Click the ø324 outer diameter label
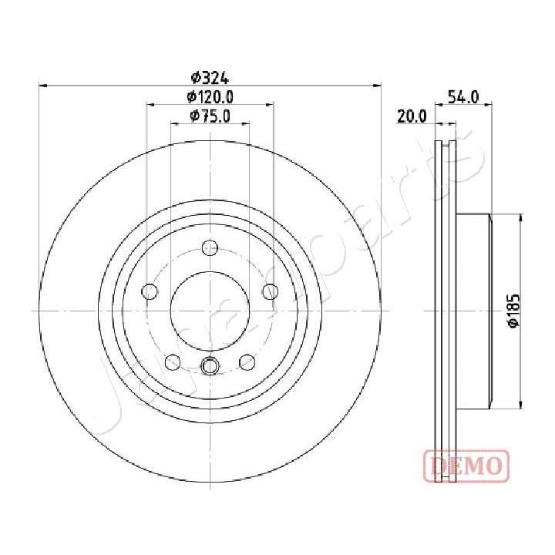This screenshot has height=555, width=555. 210,77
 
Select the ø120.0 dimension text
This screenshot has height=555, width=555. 210,96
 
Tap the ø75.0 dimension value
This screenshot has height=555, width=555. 210,116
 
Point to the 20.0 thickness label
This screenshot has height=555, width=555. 412,116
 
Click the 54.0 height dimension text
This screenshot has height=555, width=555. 464,97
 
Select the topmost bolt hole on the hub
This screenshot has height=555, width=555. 210,248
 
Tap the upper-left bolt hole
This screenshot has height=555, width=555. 150,291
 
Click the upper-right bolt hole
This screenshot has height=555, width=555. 270,291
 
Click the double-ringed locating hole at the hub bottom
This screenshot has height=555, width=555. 210,366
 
